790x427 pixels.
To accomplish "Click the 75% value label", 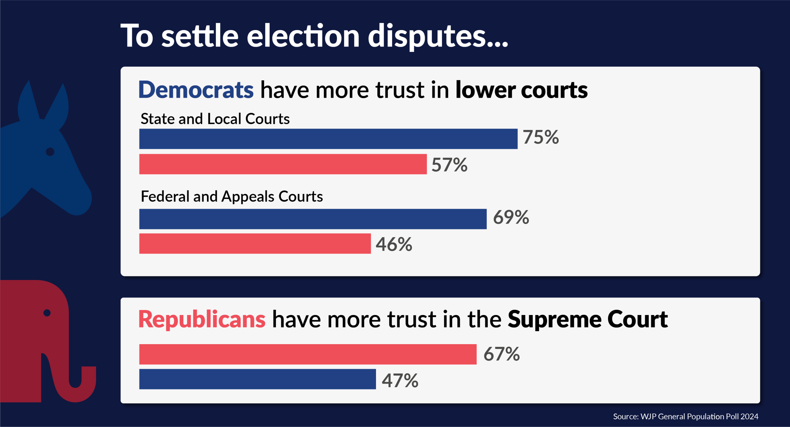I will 541,137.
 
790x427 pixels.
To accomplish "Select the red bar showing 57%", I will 283,164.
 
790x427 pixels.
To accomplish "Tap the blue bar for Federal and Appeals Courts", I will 313,219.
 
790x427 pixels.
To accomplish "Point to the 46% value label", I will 394,244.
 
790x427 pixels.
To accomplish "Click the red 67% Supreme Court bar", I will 308,354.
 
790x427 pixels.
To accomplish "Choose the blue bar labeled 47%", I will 258,379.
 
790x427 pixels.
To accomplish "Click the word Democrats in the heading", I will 196,90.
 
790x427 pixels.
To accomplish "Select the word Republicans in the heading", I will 202,319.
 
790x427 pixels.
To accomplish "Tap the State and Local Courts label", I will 215,119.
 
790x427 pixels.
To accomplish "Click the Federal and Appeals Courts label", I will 232,196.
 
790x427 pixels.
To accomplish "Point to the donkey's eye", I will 50,152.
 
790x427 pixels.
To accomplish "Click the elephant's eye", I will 47,313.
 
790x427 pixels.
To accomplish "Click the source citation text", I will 685,417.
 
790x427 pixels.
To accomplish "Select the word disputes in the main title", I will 438,36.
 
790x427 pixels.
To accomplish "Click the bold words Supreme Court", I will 588,319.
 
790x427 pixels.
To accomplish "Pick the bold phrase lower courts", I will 521,90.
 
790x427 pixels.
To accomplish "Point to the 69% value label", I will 511,218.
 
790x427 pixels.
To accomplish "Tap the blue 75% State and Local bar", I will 328,139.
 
